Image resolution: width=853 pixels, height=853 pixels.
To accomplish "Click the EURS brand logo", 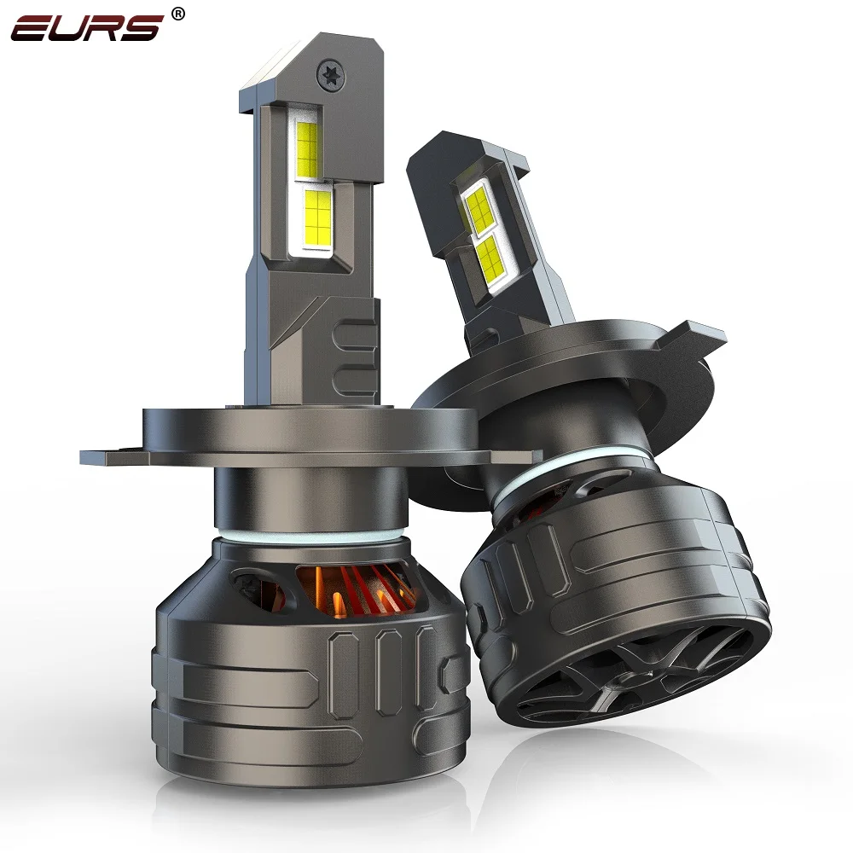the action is (x=87, y=28).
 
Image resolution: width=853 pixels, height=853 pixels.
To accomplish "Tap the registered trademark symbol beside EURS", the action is (x=177, y=15).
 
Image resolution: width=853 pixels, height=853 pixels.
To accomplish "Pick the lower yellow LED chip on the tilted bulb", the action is (x=490, y=259).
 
